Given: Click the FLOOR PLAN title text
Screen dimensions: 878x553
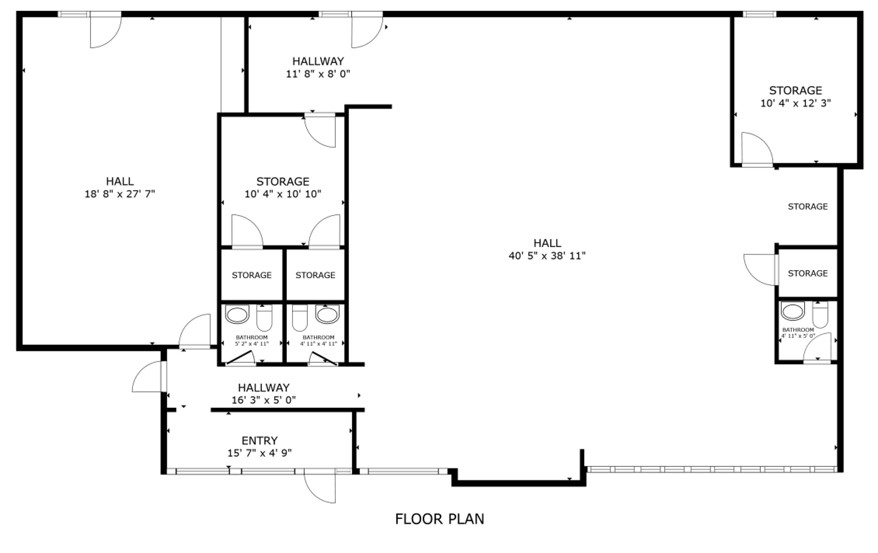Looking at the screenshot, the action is click(x=439, y=519).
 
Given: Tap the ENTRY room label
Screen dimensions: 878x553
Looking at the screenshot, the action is click(x=260, y=441).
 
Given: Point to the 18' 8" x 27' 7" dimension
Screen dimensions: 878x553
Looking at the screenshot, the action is click(x=120, y=194).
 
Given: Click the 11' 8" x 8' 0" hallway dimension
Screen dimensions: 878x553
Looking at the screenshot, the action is click(x=318, y=74).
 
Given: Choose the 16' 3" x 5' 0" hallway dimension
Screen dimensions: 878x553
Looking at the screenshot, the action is click(x=264, y=400).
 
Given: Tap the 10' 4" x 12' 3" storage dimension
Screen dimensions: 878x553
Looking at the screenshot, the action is click(x=795, y=103).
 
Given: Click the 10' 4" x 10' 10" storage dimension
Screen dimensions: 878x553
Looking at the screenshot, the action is click(x=283, y=194).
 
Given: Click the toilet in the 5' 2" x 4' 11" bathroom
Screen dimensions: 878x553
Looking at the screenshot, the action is click(x=264, y=317).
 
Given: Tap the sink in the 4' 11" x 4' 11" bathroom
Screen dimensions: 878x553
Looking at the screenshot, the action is click(x=327, y=314).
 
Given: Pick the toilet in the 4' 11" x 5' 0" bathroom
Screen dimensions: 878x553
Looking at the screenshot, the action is click(x=820, y=315).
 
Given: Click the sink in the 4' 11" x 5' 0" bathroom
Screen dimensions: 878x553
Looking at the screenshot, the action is click(x=793, y=311).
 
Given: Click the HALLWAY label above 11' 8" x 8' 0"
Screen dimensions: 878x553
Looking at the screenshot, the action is click(x=318, y=61).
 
